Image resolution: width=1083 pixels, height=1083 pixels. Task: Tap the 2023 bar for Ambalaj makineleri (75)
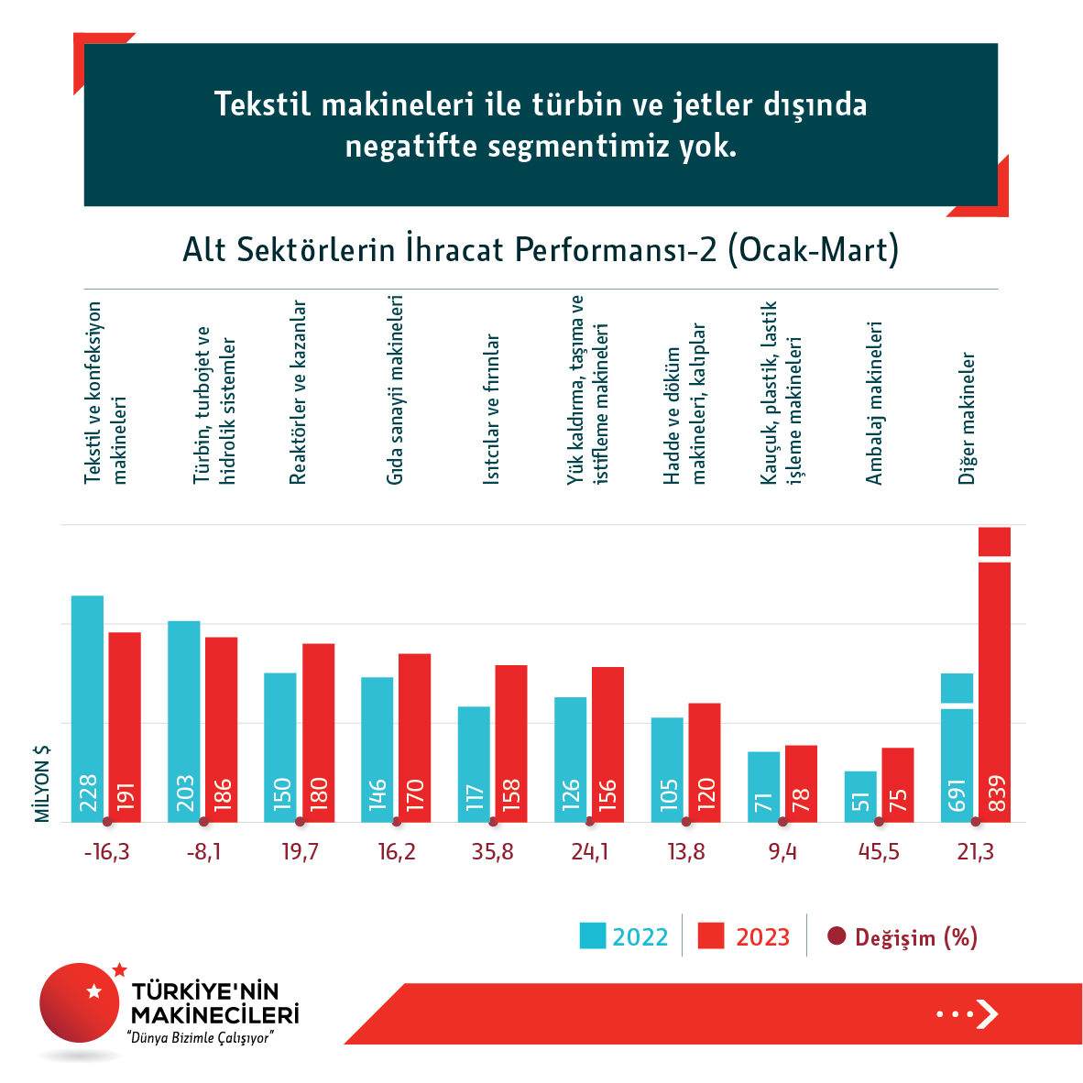click(x=898, y=784)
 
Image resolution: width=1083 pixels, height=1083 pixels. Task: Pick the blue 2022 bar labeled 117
click(x=474, y=764)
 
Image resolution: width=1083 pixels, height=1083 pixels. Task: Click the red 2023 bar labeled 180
click(x=318, y=732)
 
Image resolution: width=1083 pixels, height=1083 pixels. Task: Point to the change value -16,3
click(x=106, y=852)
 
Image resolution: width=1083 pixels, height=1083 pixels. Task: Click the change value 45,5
click(x=879, y=852)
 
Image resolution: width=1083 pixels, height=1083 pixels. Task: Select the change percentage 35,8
click(x=493, y=852)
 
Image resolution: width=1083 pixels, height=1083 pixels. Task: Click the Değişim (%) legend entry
click(x=902, y=936)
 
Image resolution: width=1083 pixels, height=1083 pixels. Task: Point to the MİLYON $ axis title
click(x=42, y=783)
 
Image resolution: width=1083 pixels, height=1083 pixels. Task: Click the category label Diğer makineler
click(x=968, y=419)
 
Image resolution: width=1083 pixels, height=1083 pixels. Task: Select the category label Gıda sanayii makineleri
click(x=395, y=389)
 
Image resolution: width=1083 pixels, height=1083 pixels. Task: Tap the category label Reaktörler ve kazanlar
click(x=298, y=392)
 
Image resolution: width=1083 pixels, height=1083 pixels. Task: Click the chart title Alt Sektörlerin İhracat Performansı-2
click(x=541, y=250)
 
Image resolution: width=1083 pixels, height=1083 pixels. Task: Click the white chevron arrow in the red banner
click(x=986, y=1013)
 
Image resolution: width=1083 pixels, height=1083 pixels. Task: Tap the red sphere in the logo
click(x=80, y=1002)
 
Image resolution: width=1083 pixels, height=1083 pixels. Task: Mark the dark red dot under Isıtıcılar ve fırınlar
click(x=493, y=822)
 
